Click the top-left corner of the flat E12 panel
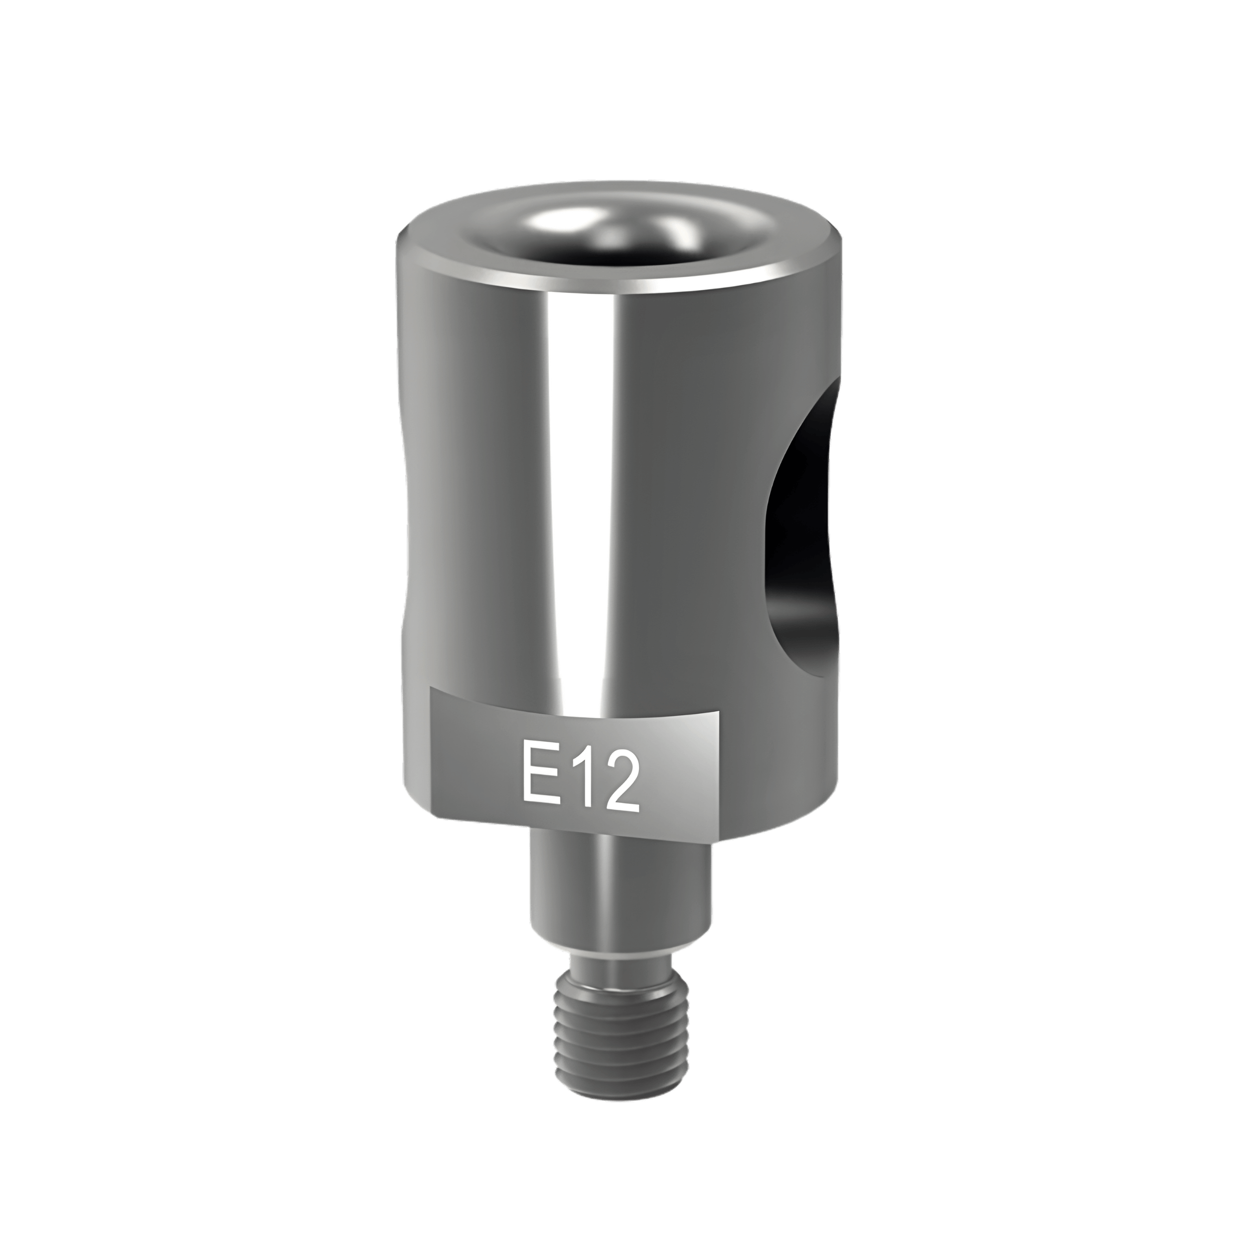click(432, 689)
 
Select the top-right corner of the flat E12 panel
click(718, 712)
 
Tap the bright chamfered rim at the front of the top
click(619, 284)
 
